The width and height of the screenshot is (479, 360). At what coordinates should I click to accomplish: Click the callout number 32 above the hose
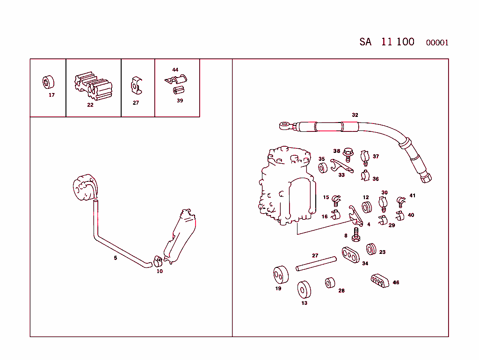coord(355,115)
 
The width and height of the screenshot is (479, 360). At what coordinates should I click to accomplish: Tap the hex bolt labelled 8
coord(356,234)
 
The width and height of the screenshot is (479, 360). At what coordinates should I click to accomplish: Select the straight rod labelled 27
coord(316,263)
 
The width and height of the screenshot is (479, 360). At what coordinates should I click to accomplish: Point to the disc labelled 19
coord(281,275)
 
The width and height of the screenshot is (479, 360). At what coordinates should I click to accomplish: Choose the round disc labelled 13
coord(305,289)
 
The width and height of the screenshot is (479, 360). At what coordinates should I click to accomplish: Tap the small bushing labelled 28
coord(331,282)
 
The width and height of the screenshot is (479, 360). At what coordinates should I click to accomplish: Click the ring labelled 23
coord(372,249)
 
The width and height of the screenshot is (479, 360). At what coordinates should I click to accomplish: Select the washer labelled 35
coord(322,167)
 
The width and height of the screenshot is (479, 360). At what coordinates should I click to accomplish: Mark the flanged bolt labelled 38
coord(348,154)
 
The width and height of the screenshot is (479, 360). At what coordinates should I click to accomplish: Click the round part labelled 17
coord(48,82)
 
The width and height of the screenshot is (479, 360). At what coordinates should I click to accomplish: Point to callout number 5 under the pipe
coord(116,258)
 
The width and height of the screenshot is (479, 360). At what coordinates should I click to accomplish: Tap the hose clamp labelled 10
coord(158,259)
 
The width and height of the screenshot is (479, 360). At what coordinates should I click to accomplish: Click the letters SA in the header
coord(365,42)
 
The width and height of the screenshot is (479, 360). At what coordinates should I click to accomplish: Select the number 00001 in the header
coord(437,43)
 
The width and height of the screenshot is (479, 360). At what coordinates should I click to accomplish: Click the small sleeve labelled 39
coord(179,89)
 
